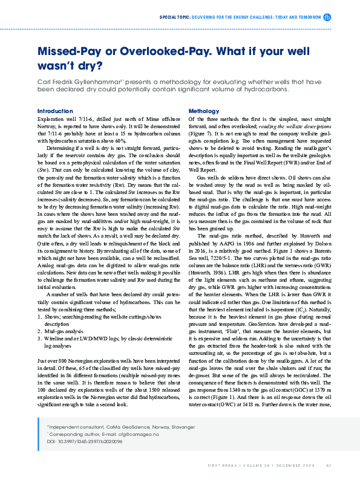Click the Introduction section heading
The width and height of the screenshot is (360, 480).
(55, 111)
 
